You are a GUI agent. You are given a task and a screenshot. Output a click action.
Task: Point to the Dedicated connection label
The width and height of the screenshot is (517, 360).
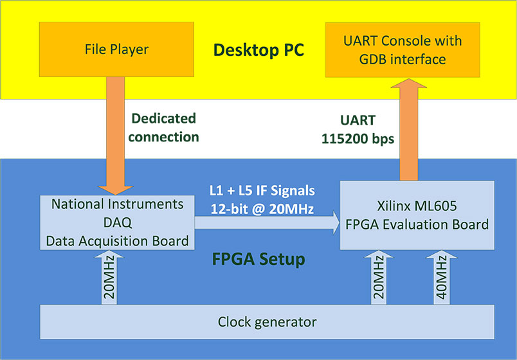point(165,127)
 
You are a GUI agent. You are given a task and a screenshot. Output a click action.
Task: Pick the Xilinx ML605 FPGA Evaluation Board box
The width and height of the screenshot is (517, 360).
point(417,216)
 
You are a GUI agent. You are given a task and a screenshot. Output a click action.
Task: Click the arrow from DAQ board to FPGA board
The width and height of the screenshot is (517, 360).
point(267,223)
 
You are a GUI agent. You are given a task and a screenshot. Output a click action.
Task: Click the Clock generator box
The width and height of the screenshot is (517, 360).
point(267,321)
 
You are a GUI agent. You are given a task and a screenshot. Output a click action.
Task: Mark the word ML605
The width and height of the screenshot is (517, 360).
point(440,207)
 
